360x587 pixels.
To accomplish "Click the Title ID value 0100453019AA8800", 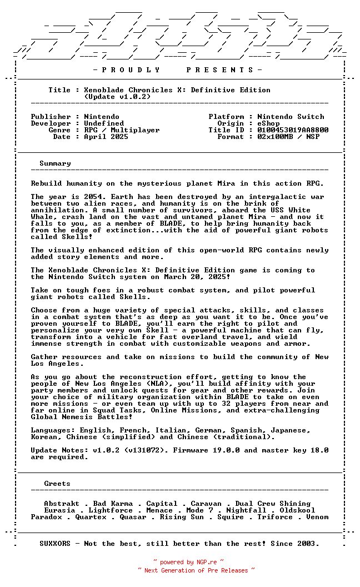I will pos(293,130).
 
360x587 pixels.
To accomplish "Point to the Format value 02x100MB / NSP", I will pos(288,137).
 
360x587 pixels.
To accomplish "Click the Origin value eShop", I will pos(268,123).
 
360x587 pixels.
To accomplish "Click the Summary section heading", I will pos(55,163).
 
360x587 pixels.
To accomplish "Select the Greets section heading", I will pos(57,484).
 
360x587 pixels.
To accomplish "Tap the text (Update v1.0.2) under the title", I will pos(117,97).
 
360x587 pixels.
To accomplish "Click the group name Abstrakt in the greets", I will pos(62,504).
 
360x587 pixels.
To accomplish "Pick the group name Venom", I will pos(317,517).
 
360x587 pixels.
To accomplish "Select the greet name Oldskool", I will pos(297,510).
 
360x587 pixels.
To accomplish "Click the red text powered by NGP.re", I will pos(188,562).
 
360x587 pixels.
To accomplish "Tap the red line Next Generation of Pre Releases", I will pos(196,570).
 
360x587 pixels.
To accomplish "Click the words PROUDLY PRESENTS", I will pos(174,70).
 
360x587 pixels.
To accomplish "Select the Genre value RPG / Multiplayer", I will pos(122,130).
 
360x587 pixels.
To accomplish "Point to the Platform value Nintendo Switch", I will pos(291,117).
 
